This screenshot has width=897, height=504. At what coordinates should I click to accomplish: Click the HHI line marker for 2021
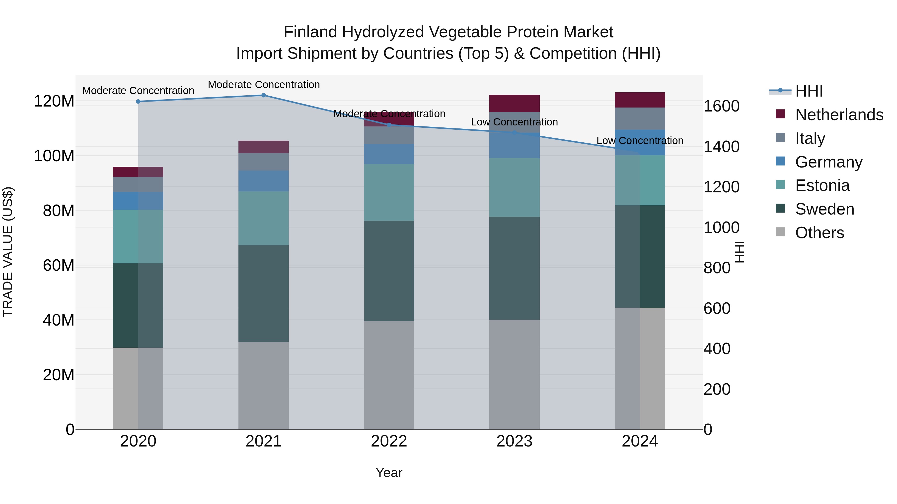point(264,95)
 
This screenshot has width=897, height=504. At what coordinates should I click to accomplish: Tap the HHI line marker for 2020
point(138,102)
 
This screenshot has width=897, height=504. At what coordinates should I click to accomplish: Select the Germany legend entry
point(828,162)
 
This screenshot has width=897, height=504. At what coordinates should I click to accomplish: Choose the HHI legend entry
point(809,91)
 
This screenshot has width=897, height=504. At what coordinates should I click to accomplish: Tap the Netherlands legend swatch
point(780,114)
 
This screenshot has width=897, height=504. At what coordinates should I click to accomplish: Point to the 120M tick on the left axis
point(54,101)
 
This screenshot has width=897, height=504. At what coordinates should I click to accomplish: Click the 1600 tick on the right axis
point(722,106)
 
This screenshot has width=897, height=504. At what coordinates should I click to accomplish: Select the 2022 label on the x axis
point(389,441)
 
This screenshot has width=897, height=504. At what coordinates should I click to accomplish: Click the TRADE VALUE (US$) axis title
point(8,252)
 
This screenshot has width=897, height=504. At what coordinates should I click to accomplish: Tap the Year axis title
point(389,473)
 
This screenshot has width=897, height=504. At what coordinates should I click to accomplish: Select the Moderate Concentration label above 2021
point(264,85)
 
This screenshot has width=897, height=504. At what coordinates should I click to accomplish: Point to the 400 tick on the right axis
point(717,349)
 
